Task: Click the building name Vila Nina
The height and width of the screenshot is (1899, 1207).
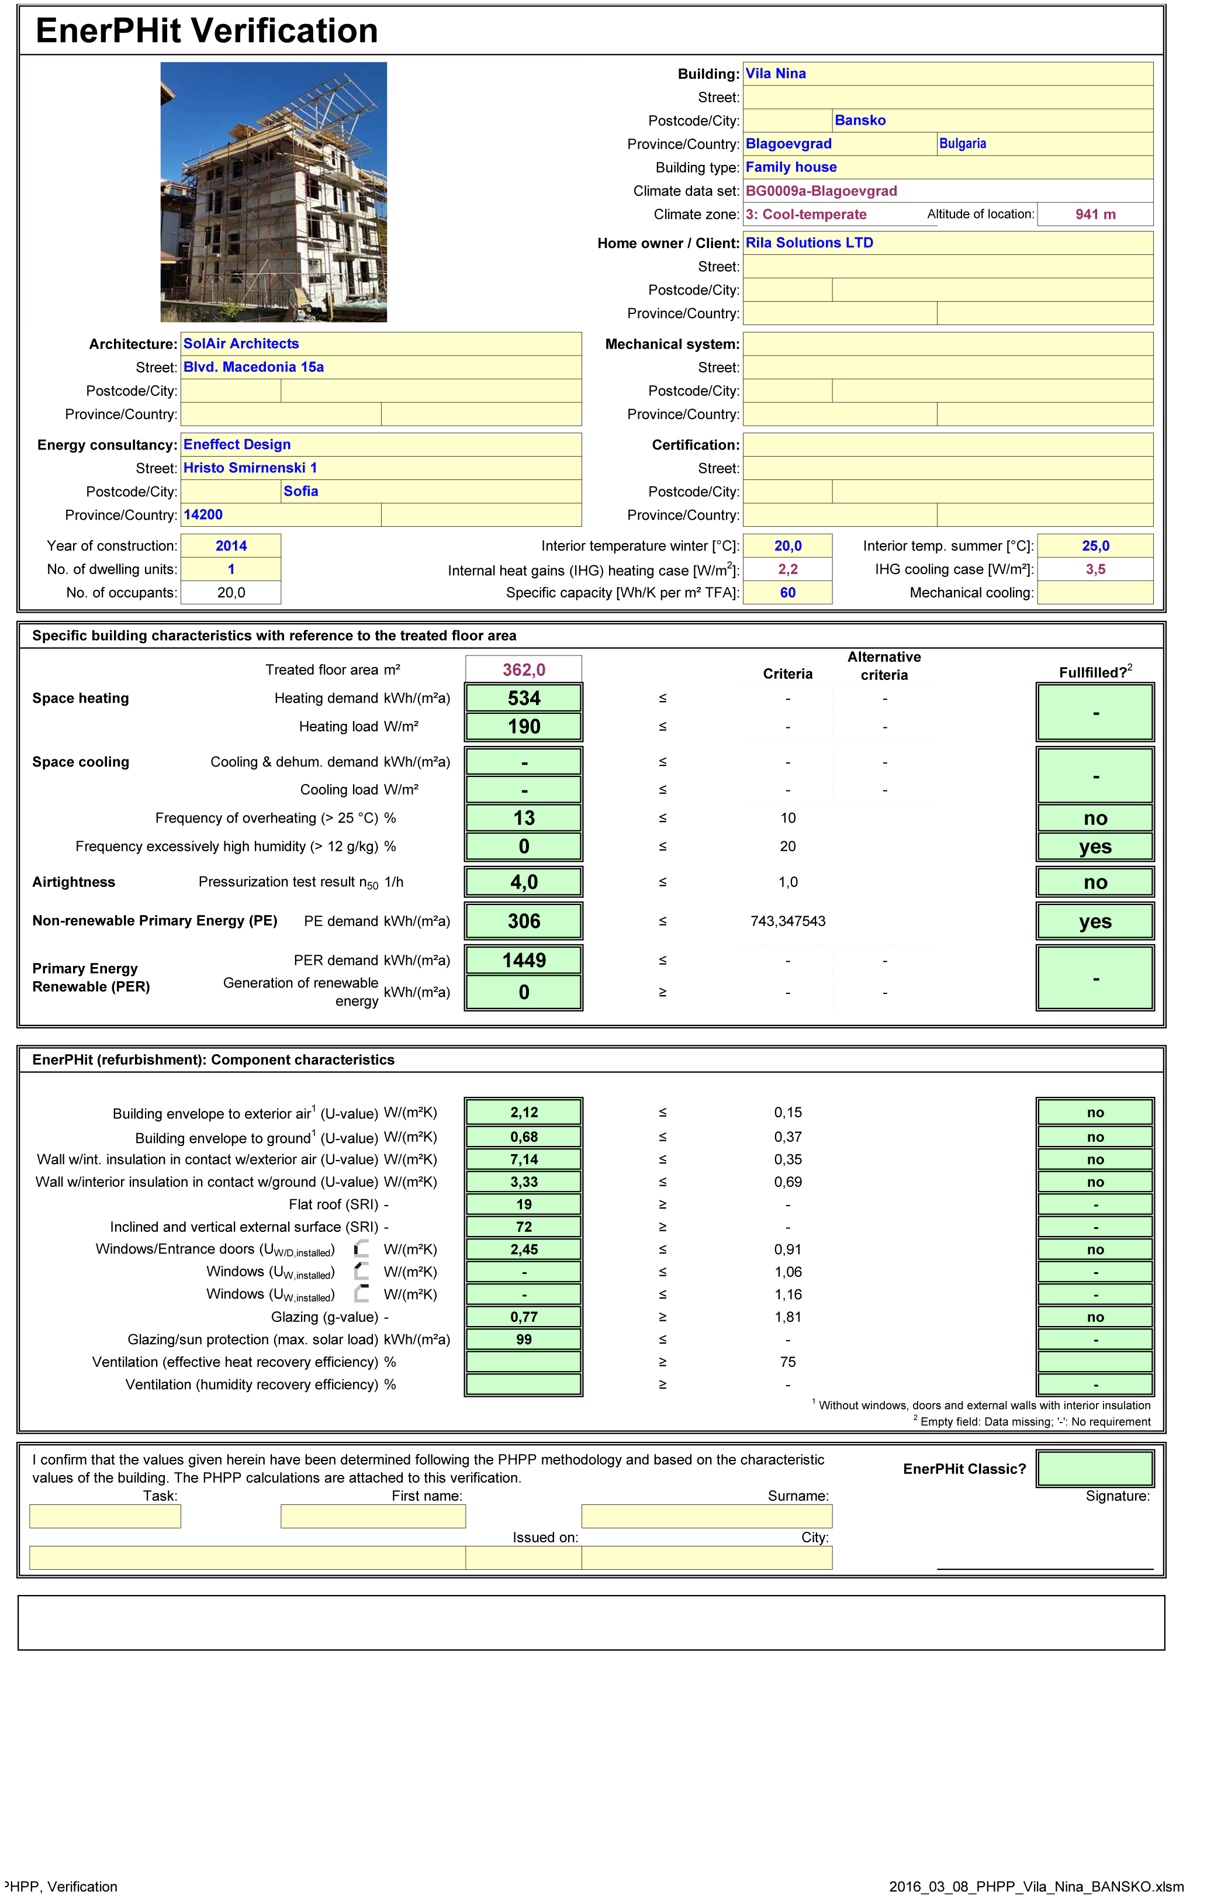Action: [x=776, y=73]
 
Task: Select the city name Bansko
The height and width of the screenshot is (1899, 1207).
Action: [x=860, y=120]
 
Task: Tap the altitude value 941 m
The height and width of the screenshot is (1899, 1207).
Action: [x=1095, y=214]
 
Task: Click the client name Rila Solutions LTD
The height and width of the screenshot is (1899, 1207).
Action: [x=810, y=243]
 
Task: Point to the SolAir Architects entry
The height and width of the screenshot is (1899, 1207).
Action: [x=241, y=343]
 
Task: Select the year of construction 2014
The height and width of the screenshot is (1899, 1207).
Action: [x=231, y=545]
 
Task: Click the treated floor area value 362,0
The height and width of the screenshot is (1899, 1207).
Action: [x=524, y=669]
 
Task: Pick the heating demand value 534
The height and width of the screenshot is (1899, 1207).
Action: [x=524, y=698]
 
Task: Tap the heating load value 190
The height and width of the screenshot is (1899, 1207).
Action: [x=524, y=726]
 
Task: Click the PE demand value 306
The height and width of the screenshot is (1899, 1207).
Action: [x=524, y=921]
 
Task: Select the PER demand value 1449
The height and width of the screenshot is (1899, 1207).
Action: [x=524, y=960]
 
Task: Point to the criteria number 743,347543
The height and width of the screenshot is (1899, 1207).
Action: [x=787, y=921]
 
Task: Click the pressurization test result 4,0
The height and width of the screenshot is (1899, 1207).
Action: [x=524, y=882]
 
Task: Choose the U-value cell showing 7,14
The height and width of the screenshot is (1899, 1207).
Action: [x=524, y=1159]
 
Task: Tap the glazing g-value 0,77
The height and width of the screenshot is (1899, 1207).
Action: [x=524, y=1317]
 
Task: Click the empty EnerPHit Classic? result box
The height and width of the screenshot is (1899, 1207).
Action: [x=1095, y=1469]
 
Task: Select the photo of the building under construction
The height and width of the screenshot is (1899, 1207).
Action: [x=274, y=192]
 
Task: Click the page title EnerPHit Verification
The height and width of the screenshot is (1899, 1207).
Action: [x=206, y=31]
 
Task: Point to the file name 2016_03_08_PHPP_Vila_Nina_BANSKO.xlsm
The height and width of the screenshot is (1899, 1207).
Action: [x=1036, y=1886]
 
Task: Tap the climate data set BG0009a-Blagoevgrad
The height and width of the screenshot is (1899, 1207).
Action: [x=821, y=191]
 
